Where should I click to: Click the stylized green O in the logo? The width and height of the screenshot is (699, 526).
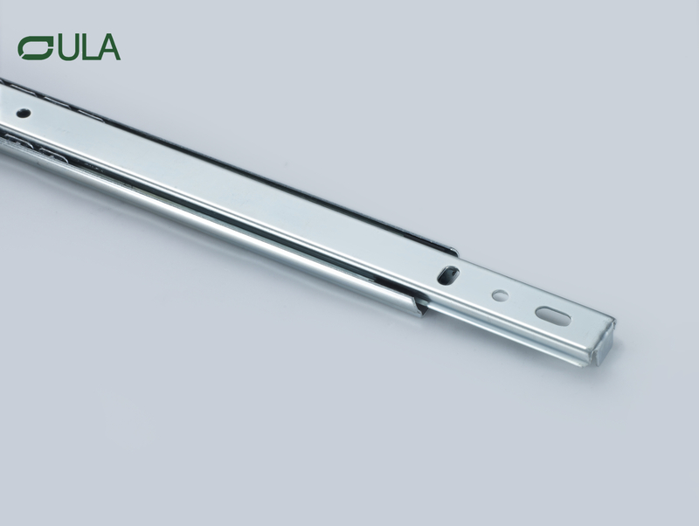pos(36,47)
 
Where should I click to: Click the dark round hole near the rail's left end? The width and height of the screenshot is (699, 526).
pos(23,113)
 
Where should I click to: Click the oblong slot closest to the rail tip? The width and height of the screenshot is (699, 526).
pos(552,315)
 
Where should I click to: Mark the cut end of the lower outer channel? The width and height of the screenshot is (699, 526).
pos(421,305)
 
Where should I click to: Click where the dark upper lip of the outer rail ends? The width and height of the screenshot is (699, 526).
pos(453,254)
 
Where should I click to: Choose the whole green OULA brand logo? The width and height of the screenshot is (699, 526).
pos(69,47)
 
